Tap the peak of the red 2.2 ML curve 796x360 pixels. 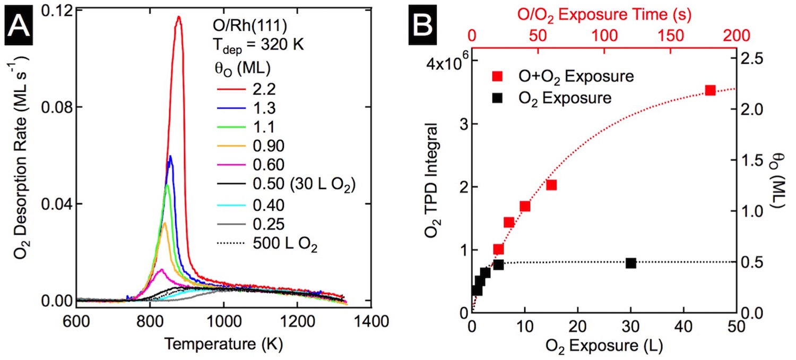point(179,17)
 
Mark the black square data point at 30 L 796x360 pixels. point(630,263)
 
